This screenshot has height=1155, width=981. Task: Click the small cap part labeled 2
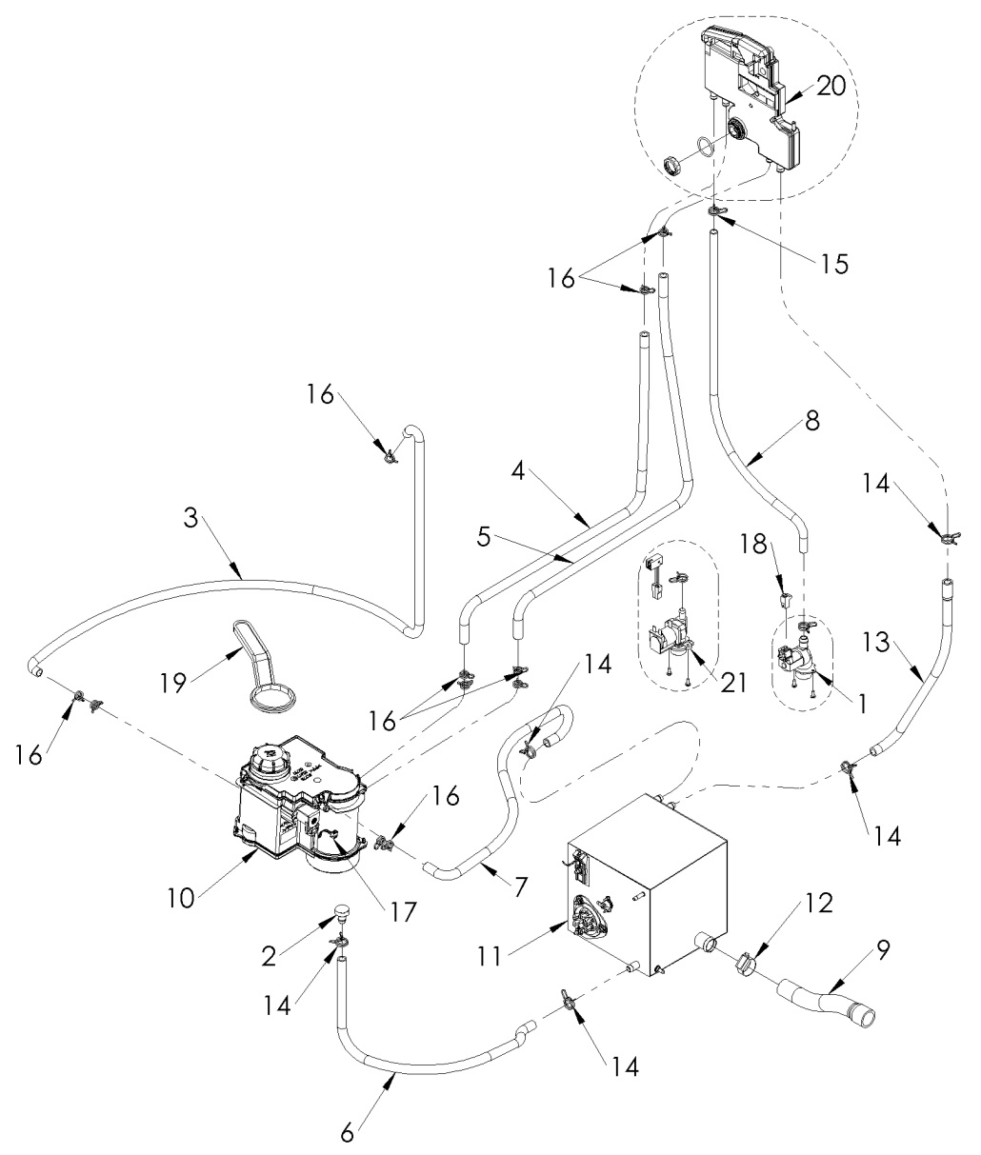pyautogui.click(x=342, y=917)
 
